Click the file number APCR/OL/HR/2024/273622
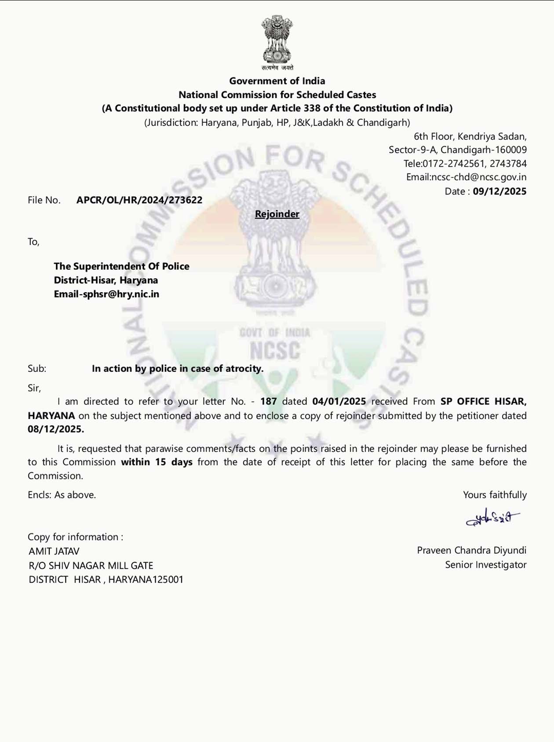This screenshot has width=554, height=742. coord(139,200)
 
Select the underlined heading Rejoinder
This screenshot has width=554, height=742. coord(277,214)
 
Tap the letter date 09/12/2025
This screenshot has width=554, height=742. coord(499,191)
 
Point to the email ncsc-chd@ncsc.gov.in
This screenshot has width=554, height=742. coord(478,177)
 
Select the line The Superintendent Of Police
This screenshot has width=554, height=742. coord(121,266)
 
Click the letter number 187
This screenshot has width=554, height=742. coord(268,401)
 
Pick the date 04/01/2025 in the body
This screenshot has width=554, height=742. coord(339,401)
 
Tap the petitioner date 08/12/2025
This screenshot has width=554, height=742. coord(55,429)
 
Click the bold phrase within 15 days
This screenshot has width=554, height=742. coord(157,462)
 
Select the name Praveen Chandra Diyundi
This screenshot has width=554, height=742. coord(471,551)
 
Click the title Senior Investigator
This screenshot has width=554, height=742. coord(485,565)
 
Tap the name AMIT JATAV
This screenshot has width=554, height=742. coord(54,551)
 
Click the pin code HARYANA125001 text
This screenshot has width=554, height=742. coord(146,580)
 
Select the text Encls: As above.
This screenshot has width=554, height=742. coord(62,495)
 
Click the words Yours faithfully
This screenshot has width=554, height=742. coord(495,495)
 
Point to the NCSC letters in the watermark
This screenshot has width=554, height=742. coord(275,351)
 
